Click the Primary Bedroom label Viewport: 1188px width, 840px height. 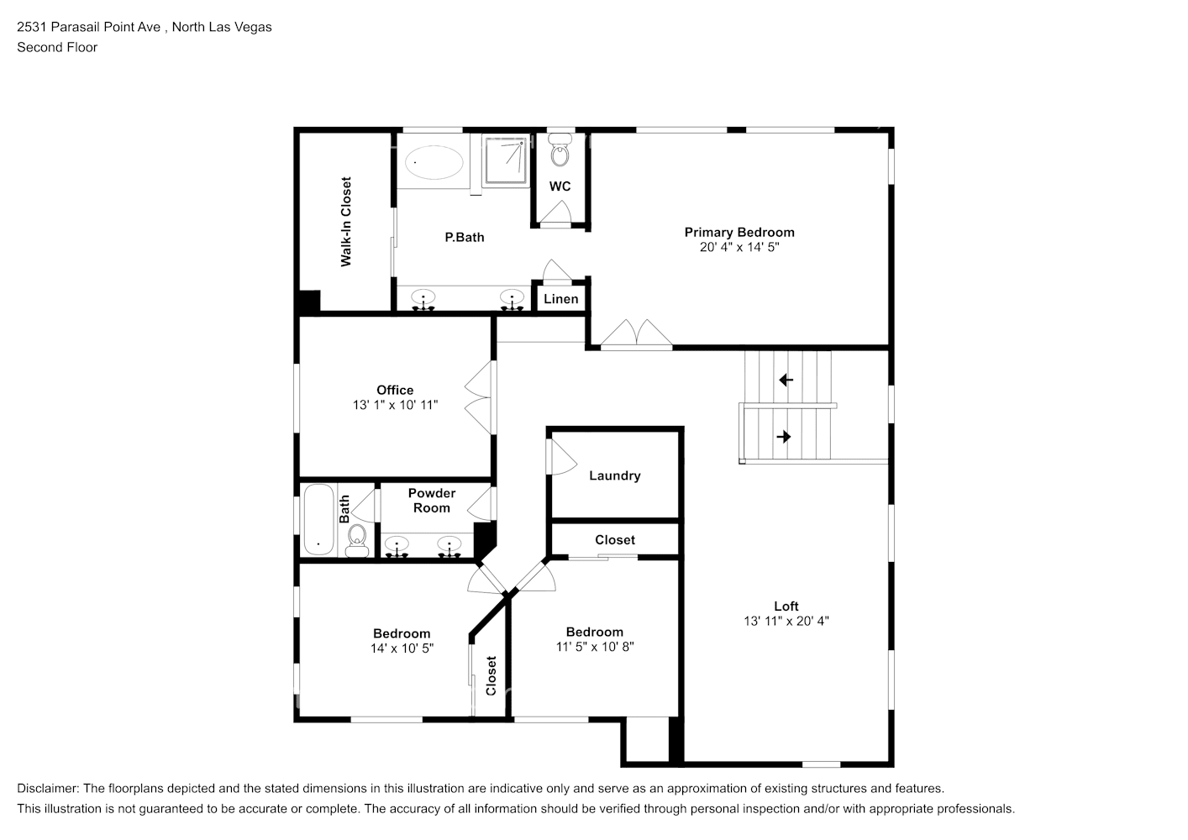pos(739,233)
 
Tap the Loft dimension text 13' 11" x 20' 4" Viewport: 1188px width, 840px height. pos(786,622)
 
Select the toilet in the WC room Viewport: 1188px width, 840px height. pos(560,154)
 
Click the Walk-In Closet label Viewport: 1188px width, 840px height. pos(345,222)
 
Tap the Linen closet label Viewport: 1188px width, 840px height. pos(560,299)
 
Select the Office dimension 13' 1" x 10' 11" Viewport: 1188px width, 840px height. pos(395,405)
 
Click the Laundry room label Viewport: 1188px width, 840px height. pos(614,475)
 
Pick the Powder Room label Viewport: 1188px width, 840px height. pos(431,501)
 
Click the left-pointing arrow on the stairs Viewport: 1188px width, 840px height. pos(786,381)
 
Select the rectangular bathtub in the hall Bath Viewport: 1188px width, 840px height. pos(318,520)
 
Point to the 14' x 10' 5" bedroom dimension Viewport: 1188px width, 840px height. pos(402,648)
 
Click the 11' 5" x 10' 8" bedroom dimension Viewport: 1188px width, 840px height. pos(594,647)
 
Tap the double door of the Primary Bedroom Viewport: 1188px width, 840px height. pos(637,334)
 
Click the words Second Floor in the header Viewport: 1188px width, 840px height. pos(57,47)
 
